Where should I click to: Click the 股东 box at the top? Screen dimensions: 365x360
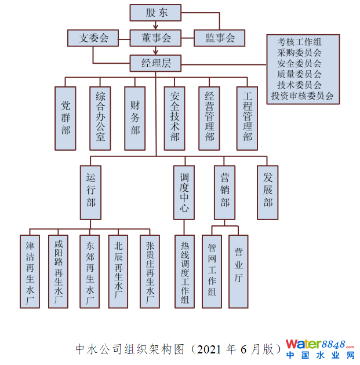(155, 12)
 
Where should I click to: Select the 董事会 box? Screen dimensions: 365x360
(155, 38)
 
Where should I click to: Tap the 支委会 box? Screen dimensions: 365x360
(93, 38)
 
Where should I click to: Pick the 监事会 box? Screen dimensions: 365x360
(219, 38)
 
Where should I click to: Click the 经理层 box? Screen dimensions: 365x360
(155, 63)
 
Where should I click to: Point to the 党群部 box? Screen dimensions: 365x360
(66, 118)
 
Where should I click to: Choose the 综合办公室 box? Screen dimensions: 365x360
(100, 118)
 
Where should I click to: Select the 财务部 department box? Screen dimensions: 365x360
(134, 118)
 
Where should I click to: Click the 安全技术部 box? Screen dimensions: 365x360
(174, 118)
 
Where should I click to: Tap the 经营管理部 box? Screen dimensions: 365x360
(209, 118)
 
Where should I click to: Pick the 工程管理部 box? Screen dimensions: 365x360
(248, 118)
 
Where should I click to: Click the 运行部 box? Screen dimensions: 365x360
(90, 192)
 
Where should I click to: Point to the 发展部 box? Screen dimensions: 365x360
(267, 192)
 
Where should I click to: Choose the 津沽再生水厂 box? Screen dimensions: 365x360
(30, 271)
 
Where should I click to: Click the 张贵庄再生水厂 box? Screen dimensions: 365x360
(150, 271)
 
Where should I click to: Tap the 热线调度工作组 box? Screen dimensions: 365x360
(185, 271)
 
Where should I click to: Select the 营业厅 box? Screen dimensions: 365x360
(238, 271)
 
